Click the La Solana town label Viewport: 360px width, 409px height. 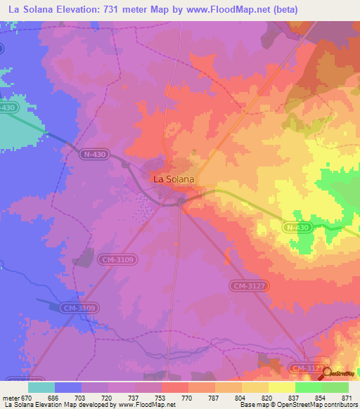click(x=174, y=179)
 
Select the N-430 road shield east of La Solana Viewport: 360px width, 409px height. click(x=297, y=228)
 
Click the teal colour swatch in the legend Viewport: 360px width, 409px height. click(x=41, y=387)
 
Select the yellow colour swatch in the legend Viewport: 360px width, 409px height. click(x=282, y=387)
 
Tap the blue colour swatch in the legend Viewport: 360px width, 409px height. click(x=68, y=387)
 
